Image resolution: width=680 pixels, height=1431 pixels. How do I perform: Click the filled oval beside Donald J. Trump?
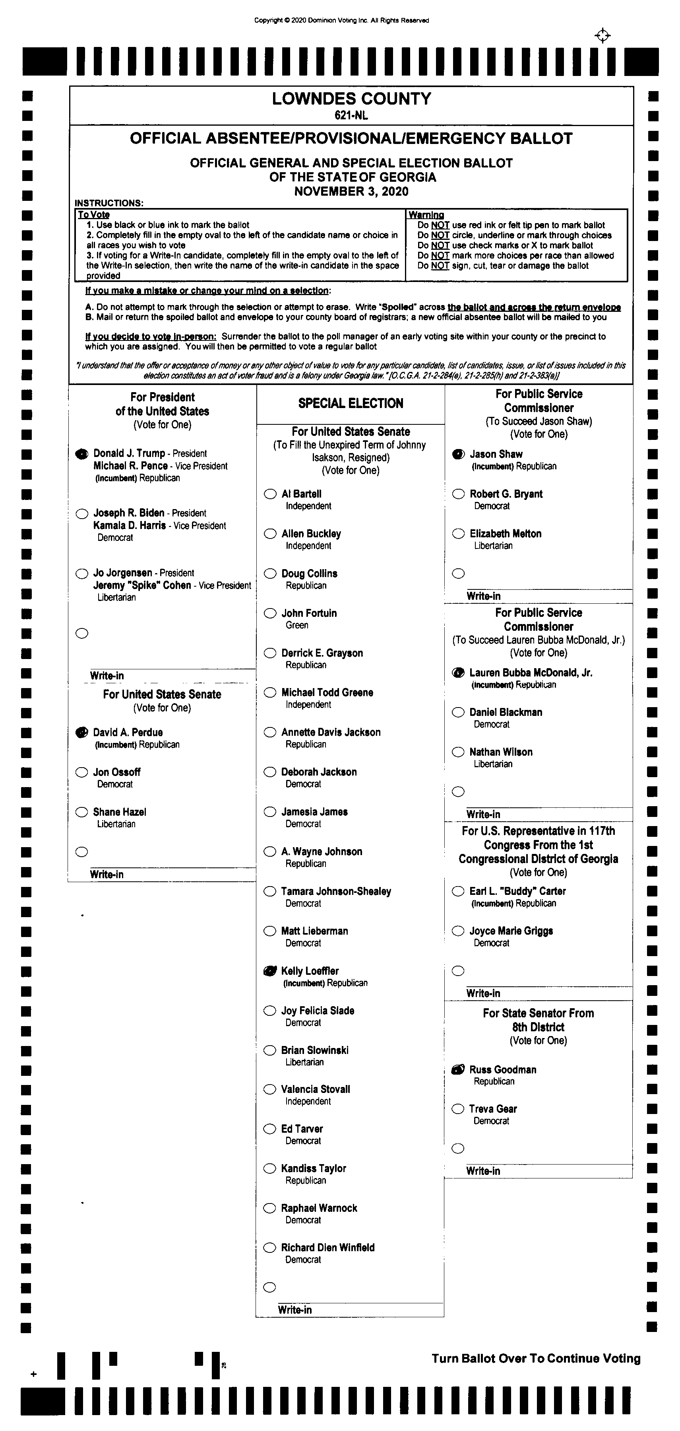pos(81,454)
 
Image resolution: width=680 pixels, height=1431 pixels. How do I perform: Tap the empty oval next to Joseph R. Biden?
pos(81,513)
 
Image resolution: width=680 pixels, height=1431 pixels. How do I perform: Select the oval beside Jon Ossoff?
pos(81,772)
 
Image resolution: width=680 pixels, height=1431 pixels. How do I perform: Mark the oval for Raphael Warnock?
pos(270,1208)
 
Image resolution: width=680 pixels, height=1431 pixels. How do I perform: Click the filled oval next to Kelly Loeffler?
pos(270,971)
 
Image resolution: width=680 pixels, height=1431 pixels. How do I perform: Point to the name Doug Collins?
pos(309,573)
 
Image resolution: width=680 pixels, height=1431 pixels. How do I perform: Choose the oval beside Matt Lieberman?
pos(270,931)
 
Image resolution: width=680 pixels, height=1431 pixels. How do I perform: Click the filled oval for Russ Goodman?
pos(458,1069)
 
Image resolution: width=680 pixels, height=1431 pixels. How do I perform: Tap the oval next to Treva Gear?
pos(458,1109)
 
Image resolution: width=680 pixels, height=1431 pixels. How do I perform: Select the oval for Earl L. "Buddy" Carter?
pos(458,891)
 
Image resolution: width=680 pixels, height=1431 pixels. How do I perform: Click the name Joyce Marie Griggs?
pos(511,931)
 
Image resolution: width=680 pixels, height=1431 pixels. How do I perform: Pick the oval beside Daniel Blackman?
pos(458,712)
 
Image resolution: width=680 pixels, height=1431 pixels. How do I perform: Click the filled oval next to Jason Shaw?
pos(458,454)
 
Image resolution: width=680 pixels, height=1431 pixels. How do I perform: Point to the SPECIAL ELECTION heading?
pos(351,403)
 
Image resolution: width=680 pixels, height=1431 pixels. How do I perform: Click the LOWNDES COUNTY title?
pos(351,99)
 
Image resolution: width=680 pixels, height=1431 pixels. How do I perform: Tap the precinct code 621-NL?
pos(351,116)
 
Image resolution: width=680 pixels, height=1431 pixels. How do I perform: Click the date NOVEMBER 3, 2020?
pos(351,192)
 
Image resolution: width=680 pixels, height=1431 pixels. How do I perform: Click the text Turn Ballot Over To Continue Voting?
pos(536,1358)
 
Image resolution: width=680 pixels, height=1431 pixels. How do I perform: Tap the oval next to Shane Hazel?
pos(81,812)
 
